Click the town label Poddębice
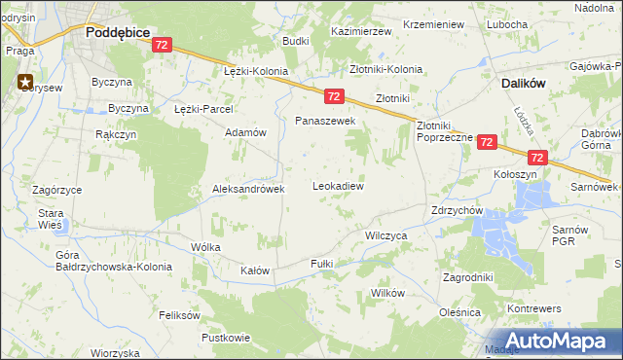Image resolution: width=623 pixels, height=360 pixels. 117,32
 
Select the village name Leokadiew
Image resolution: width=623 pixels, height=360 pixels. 338,185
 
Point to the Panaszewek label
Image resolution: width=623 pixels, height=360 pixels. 326,121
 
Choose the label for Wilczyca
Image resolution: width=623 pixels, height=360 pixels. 385,235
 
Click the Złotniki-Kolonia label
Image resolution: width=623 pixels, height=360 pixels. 386,69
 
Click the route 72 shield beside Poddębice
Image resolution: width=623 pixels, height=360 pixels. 163,45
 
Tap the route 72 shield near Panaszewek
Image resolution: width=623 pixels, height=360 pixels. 333,96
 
